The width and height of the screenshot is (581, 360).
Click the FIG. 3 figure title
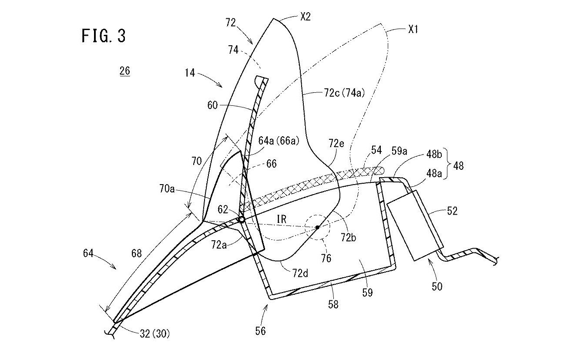point(104,36)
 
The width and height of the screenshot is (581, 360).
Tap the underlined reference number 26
point(125,71)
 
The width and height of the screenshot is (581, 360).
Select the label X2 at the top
point(305,17)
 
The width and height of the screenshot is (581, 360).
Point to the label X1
point(413,30)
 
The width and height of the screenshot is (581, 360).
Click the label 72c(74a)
point(344,93)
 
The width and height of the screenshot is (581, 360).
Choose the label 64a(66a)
point(279,141)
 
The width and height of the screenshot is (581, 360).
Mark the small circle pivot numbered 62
point(242,219)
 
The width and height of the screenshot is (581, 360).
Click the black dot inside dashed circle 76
point(317,227)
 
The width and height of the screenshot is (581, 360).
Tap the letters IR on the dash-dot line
point(282,219)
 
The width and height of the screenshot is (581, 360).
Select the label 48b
point(434,155)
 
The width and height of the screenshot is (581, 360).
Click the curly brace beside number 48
point(447,163)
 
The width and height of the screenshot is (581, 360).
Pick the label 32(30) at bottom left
point(155,334)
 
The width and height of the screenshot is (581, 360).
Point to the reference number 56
point(260,331)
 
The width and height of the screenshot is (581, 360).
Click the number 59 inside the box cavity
point(367,292)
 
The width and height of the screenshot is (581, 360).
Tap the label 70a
point(167,189)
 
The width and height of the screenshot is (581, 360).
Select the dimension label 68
point(136,253)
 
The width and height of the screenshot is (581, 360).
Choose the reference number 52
point(452,211)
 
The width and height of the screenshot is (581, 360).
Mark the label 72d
point(300,273)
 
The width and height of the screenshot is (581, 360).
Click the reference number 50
point(437,286)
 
